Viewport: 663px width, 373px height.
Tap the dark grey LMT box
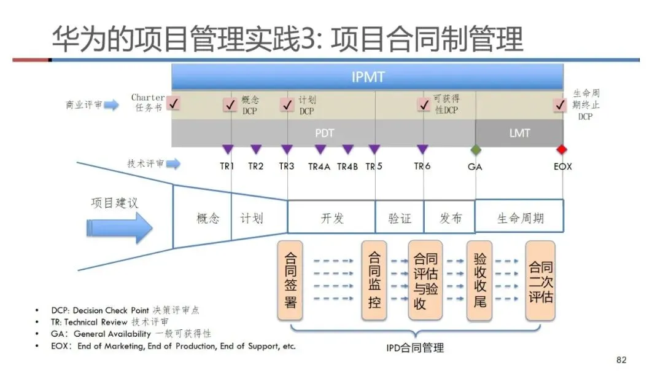click(x=519, y=133)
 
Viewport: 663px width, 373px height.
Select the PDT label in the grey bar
click(x=325, y=133)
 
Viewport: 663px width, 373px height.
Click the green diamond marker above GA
click(x=475, y=149)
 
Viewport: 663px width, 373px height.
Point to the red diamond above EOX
click(x=561, y=149)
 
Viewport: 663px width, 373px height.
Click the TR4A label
click(x=319, y=166)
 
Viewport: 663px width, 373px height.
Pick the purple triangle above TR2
click(x=256, y=149)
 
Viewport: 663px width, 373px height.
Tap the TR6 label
click(x=422, y=166)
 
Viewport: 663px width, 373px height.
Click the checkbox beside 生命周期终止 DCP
click(x=559, y=105)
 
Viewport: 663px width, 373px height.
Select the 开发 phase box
click(x=331, y=218)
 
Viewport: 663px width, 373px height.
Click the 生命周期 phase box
click(x=519, y=218)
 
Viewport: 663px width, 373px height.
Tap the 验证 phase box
click(x=400, y=218)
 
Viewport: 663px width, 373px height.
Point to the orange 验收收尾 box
click(x=480, y=280)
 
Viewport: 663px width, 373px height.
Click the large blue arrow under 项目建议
click(x=119, y=229)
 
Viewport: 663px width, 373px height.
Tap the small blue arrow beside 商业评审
click(x=111, y=105)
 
